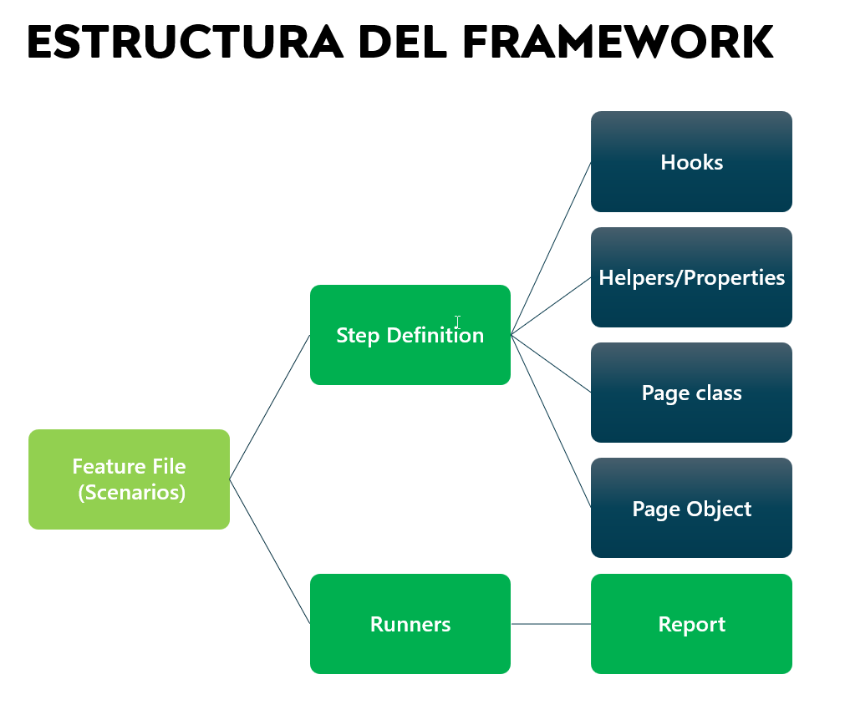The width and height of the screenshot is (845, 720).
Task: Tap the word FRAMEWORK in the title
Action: pos(618,42)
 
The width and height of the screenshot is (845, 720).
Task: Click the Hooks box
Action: pos(691,162)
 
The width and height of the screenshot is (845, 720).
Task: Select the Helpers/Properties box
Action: pos(691,277)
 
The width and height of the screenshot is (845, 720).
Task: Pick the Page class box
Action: pos(691,393)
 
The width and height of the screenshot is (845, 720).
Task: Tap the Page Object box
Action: pos(691,508)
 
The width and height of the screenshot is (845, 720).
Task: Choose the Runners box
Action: pos(410,624)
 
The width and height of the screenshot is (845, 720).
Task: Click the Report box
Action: pos(691,624)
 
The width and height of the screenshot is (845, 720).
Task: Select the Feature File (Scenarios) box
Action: pos(129,479)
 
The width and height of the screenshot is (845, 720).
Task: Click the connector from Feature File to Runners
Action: pos(270,551)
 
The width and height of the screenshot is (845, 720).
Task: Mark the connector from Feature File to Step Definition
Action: pos(270,407)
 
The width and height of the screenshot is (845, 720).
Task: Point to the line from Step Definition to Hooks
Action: pos(551,248)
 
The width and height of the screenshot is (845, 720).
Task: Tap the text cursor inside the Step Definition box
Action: pos(457,322)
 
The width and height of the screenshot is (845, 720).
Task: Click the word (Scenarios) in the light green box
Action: pos(132,492)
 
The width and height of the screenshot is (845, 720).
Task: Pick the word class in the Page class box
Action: pos(718,393)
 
